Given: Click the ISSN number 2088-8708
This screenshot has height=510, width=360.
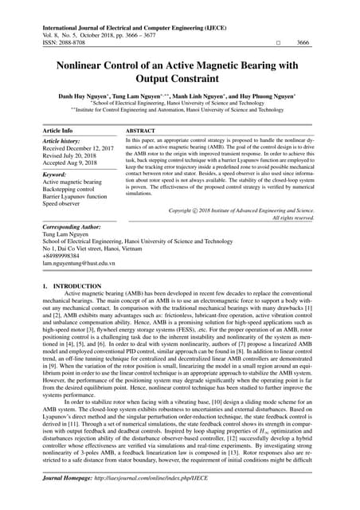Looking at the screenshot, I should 69,42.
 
